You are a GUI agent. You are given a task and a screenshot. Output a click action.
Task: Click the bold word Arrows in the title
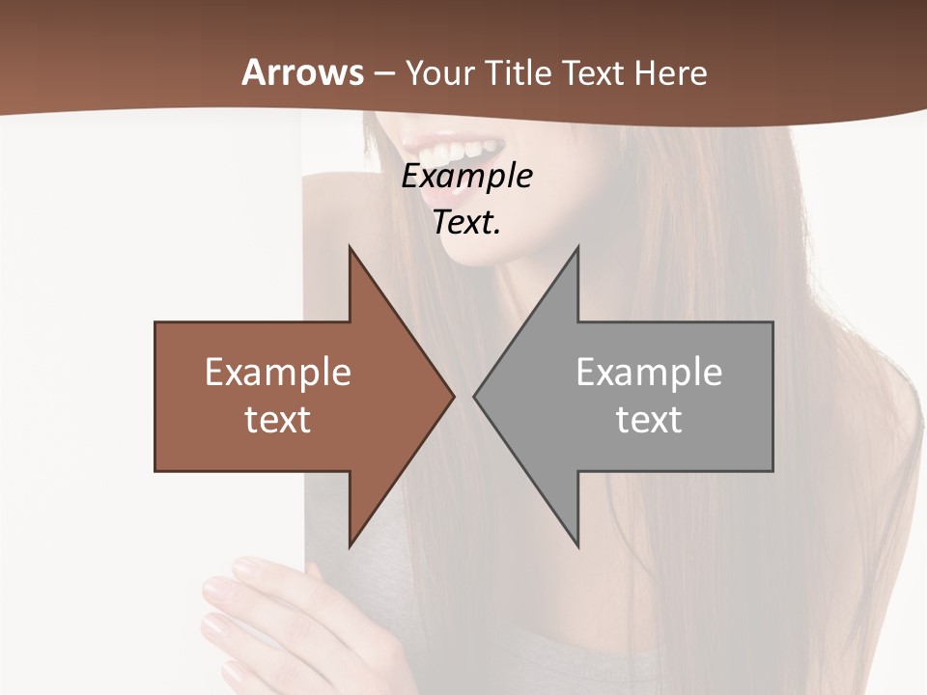tap(303, 72)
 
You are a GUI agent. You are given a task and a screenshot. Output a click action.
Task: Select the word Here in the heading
tap(671, 72)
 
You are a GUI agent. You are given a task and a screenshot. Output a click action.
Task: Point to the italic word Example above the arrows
tap(466, 177)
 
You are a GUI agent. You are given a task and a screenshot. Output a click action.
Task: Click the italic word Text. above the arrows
tap(466, 223)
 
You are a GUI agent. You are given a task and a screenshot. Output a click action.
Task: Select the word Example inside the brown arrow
tap(278, 373)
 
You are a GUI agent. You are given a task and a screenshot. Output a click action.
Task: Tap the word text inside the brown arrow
tap(278, 420)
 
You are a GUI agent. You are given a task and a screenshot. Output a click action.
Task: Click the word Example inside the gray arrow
tap(649, 373)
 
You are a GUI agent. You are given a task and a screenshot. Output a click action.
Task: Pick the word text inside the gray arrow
tap(649, 420)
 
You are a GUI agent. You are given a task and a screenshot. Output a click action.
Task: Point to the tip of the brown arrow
tap(453, 395)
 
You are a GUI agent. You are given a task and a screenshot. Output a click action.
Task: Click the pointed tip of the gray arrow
tap(475, 395)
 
